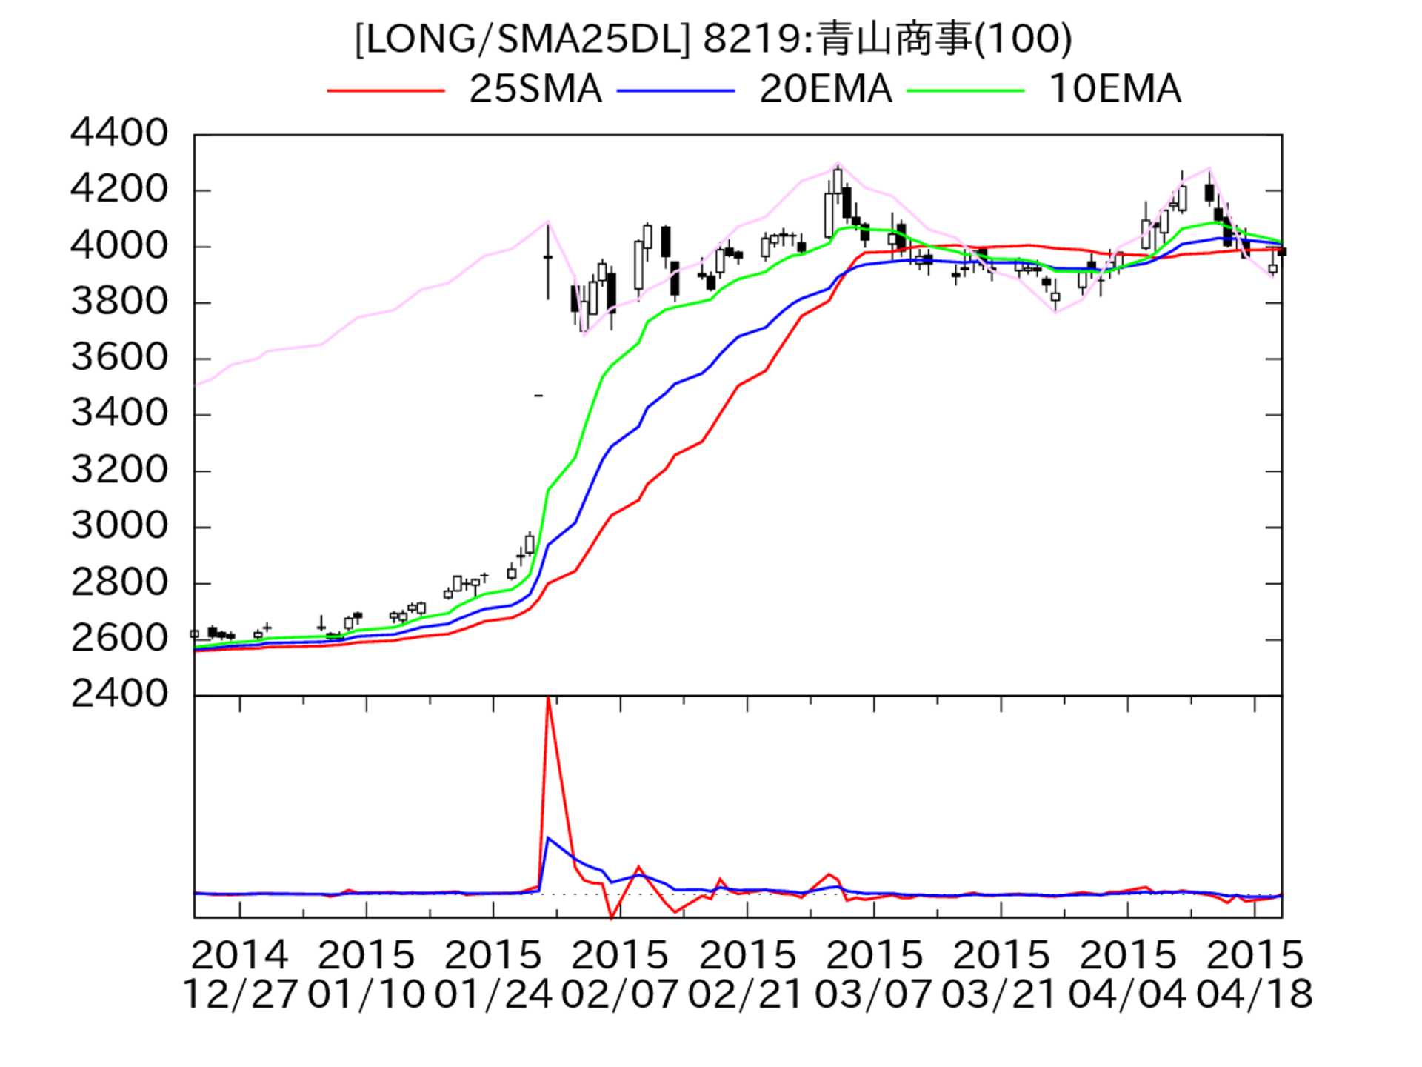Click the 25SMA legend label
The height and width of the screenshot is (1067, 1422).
click(535, 90)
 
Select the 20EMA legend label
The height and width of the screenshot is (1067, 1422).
click(825, 90)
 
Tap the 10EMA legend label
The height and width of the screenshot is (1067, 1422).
click(1115, 90)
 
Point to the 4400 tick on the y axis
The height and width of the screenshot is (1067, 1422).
click(119, 133)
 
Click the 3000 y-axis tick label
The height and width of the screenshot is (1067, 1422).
click(119, 526)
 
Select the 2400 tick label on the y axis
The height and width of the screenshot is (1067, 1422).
click(119, 694)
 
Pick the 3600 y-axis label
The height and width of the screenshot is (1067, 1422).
click(119, 358)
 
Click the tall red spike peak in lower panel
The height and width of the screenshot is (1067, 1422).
click(548, 699)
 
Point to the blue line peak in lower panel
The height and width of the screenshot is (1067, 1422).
click(548, 838)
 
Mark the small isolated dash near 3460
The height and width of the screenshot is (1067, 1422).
click(538, 396)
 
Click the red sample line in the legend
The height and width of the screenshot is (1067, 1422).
click(385, 90)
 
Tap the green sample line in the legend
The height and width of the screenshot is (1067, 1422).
click(965, 90)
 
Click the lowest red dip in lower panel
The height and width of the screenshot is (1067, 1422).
click(612, 917)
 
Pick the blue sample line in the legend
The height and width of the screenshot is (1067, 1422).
click(675, 90)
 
